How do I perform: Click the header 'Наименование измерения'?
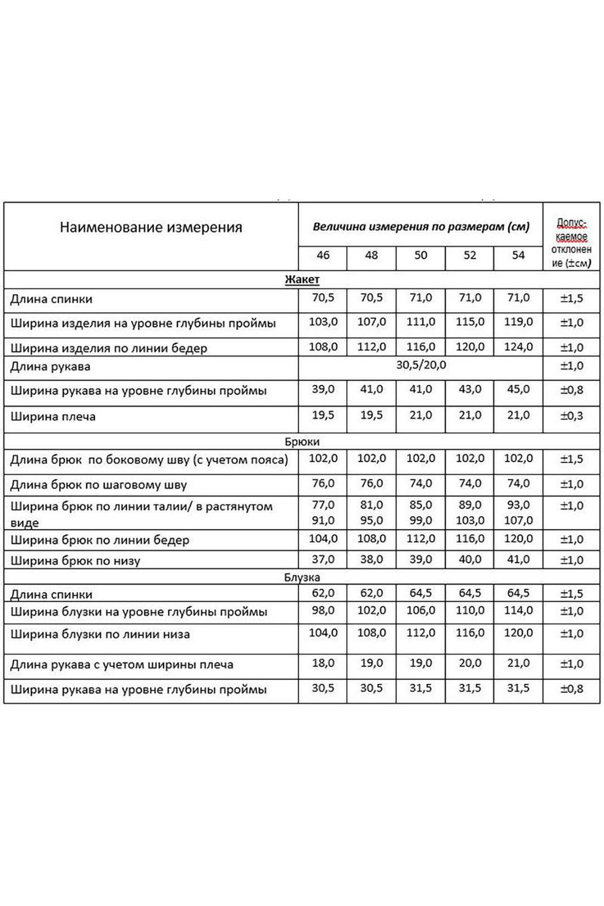click(x=151, y=227)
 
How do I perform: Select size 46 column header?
click(x=323, y=255)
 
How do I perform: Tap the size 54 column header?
click(x=518, y=255)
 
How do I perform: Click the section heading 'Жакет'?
click(x=302, y=279)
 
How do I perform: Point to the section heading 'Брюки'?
click(x=302, y=441)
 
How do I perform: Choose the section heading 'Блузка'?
click(x=302, y=577)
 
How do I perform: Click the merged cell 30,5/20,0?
click(x=421, y=365)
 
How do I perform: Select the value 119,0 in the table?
click(x=518, y=322)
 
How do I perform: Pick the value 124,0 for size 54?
click(x=518, y=347)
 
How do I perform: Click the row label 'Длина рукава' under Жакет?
click(x=50, y=367)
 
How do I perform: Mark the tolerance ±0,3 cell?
click(x=572, y=416)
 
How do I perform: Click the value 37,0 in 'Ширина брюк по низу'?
click(x=323, y=559)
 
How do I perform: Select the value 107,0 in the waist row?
click(x=518, y=520)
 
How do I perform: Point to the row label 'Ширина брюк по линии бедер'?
click(x=100, y=540)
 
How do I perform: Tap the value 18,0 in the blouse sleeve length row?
click(x=323, y=663)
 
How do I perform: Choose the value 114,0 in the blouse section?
click(x=518, y=610)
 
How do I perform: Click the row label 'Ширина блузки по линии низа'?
click(x=100, y=634)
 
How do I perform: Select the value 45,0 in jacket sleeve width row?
click(x=518, y=389)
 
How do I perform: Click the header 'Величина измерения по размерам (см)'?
click(x=421, y=227)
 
